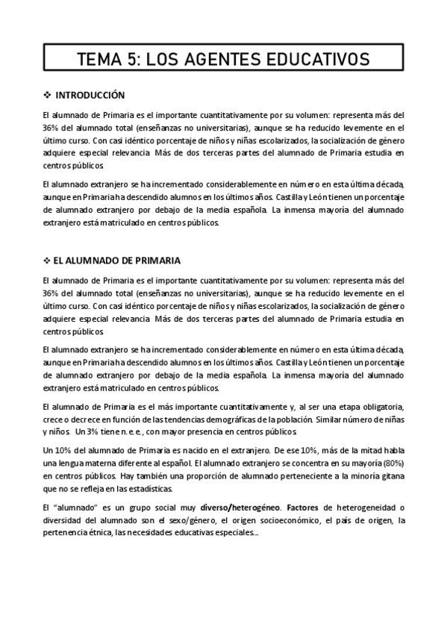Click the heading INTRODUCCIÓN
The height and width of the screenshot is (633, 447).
90,96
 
